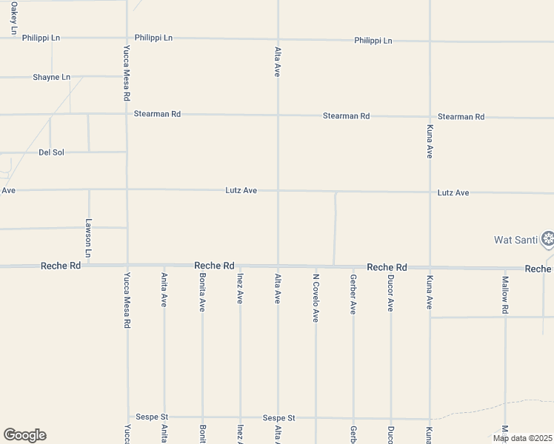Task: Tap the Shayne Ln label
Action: pyautogui.click(x=51, y=77)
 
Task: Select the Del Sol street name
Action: pyautogui.click(x=51, y=152)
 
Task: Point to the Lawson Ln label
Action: pyautogui.click(x=88, y=238)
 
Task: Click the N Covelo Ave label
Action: pyautogui.click(x=316, y=297)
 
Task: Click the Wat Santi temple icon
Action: pyautogui.click(x=547, y=238)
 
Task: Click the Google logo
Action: pyautogui.click(x=24, y=435)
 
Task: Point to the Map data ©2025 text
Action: pyautogui.click(x=521, y=438)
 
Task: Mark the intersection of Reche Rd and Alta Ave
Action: pyautogui.click(x=278, y=266)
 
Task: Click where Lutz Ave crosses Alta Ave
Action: pyautogui.click(x=278, y=190)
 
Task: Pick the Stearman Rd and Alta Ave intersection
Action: pyautogui.click(x=278, y=115)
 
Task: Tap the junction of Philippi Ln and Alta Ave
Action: pyautogui.click(x=278, y=39)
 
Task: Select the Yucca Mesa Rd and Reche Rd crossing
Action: pyautogui.click(x=127, y=266)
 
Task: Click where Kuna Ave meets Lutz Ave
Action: pyautogui.click(x=430, y=192)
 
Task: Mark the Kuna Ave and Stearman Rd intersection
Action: pyautogui.click(x=430, y=116)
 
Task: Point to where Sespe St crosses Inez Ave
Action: pyautogui.click(x=240, y=417)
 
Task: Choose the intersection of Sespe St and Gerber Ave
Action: pyautogui.click(x=353, y=418)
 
